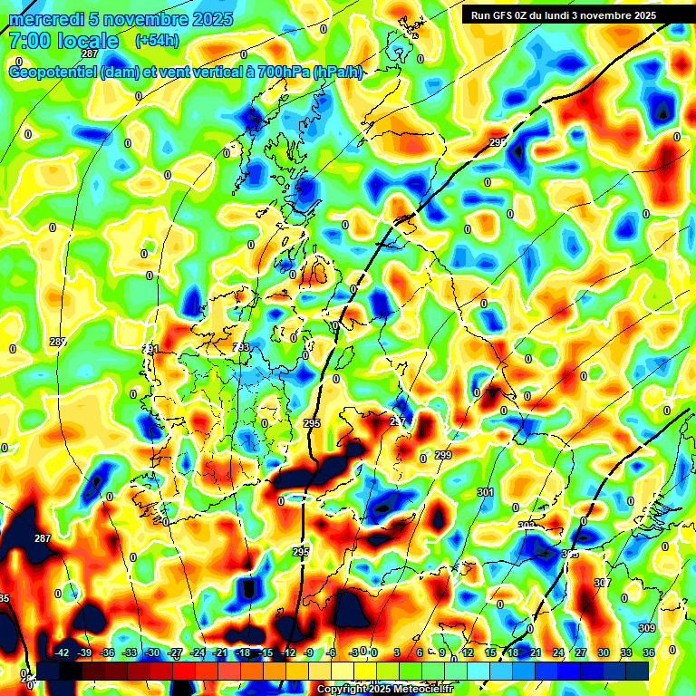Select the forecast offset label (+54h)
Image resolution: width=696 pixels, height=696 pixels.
pos(156,41)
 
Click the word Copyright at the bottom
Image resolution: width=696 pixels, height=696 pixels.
pos(343,690)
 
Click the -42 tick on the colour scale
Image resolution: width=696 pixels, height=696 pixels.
pos(62,652)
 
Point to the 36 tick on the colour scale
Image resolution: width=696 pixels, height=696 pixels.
pos(649,652)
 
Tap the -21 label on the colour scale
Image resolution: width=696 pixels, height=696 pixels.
pos(219,652)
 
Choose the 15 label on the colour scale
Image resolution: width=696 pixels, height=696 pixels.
pos(490,652)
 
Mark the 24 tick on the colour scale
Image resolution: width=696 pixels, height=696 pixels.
pos(558,652)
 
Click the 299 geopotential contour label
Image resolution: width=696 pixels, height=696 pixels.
pos(443,455)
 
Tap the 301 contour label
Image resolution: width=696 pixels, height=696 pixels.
pos(485,492)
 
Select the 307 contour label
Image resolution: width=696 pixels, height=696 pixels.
pos(603,582)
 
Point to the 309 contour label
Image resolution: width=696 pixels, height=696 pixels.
pos(646,628)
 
